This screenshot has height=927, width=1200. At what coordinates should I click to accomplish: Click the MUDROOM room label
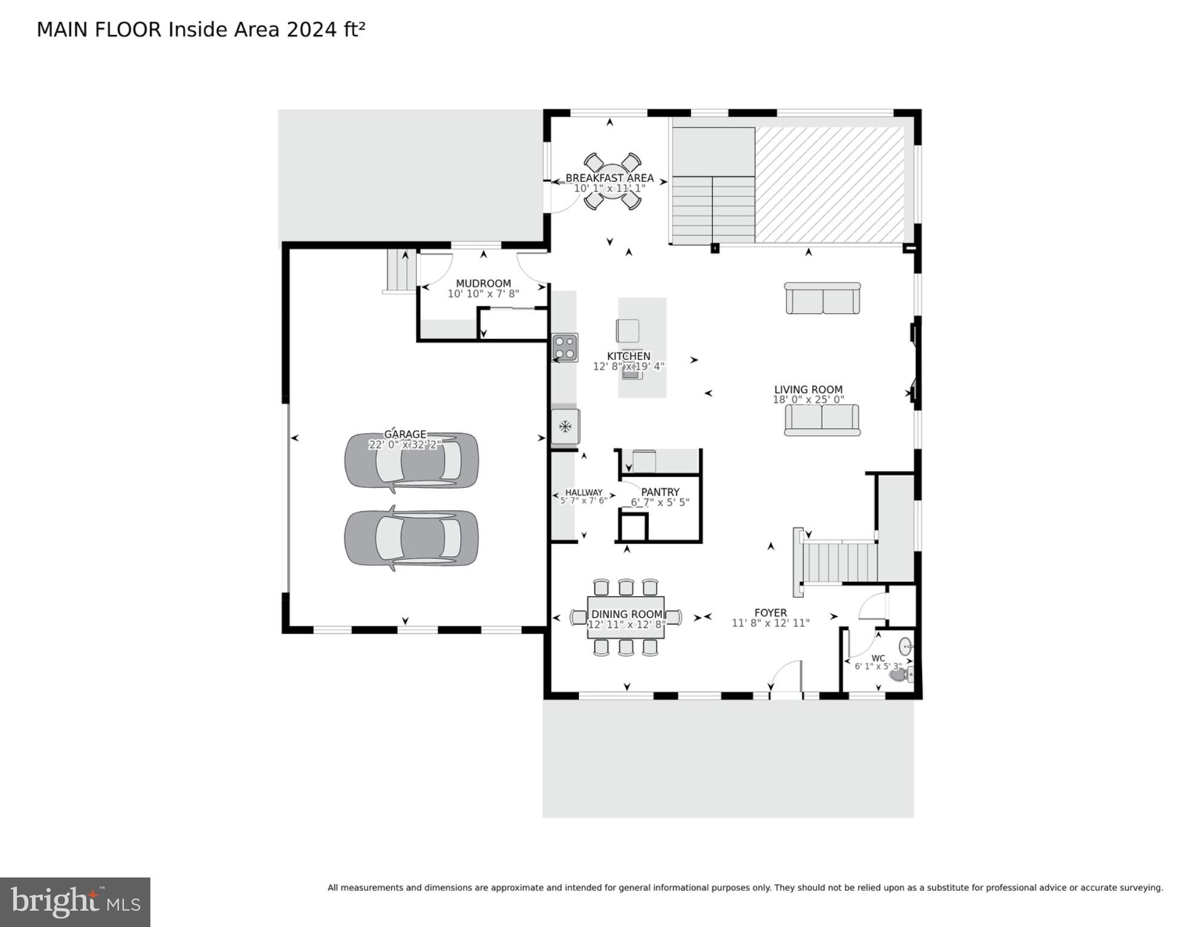pyautogui.click(x=483, y=283)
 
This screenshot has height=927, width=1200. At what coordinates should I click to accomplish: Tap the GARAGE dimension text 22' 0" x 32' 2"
pyautogui.click(x=405, y=445)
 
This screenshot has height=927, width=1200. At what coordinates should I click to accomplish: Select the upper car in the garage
pyautogui.click(x=411, y=461)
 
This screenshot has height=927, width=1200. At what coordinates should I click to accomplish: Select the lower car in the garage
pyautogui.click(x=411, y=538)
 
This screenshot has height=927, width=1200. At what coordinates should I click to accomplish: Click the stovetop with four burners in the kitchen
pyautogui.click(x=565, y=348)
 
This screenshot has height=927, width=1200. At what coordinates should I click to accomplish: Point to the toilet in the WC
pyautogui.click(x=900, y=675)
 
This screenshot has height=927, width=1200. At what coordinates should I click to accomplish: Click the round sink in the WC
pyautogui.click(x=905, y=647)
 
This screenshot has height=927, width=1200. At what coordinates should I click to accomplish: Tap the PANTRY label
pyautogui.click(x=660, y=492)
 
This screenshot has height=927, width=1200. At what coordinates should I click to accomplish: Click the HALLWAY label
pyautogui.click(x=583, y=492)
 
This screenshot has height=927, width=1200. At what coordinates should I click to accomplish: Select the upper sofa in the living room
pyautogui.click(x=823, y=298)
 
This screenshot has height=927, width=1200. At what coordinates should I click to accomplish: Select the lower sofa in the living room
pyautogui.click(x=823, y=420)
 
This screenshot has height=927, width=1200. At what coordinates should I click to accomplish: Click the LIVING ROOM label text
pyautogui.click(x=808, y=390)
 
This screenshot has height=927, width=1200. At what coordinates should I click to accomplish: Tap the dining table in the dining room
pyautogui.click(x=626, y=617)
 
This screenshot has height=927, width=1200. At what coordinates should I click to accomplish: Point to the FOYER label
pyautogui.click(x=771, y=612)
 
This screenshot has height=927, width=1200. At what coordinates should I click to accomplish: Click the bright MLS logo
pyautogui.click(x=75, y=902)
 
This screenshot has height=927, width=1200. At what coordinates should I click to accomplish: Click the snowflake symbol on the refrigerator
pyautogui.click(x=565, y=427)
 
